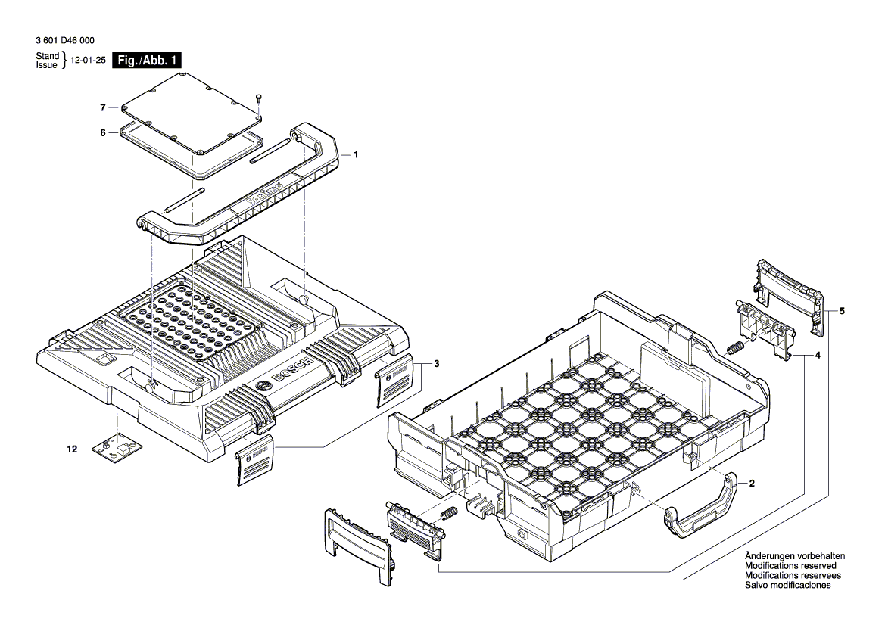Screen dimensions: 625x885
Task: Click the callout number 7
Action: [x=102, y=107]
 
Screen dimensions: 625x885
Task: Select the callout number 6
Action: [x=102, y=133]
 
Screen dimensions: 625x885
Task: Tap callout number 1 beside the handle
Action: [x=356, y=154]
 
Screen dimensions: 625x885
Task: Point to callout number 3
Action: [x=436, y=364]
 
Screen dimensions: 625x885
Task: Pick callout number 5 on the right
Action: [x=843, y=311]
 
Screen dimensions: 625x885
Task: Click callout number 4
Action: [x=818, y=354]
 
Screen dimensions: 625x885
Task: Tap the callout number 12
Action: [x=73, y=449]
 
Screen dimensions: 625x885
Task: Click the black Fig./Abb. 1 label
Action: [x=147, y=61]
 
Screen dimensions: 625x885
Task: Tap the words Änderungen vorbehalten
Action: [x=795, y=556]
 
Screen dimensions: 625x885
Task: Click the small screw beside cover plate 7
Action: [x=258, y=98]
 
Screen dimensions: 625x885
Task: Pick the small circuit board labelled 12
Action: [x=117, y=449]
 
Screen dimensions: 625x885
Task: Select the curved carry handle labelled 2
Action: [x=701, y=509]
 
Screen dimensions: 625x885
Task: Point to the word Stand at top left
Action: [x=47, y=57]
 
